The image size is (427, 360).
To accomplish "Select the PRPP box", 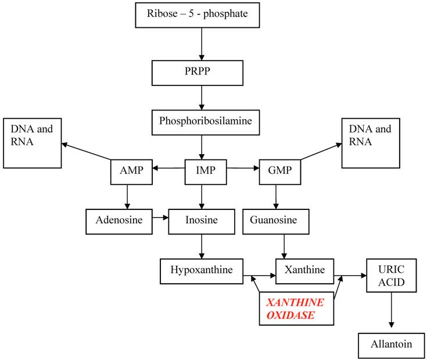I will point(200,73).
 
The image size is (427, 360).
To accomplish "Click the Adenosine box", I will point(119,221).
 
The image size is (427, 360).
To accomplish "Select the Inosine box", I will point(201,221).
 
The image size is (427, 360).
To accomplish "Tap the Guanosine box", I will point(276,221).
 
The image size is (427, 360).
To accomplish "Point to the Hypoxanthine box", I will point(201,271).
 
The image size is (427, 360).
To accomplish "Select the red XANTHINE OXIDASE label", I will point(296,309).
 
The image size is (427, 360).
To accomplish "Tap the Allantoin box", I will point(391,345).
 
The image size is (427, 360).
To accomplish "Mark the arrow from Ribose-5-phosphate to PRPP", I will point(201,44).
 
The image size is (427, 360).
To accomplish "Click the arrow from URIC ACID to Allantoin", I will point(391,312).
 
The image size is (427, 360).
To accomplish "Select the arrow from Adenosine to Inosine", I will point(160,219).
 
